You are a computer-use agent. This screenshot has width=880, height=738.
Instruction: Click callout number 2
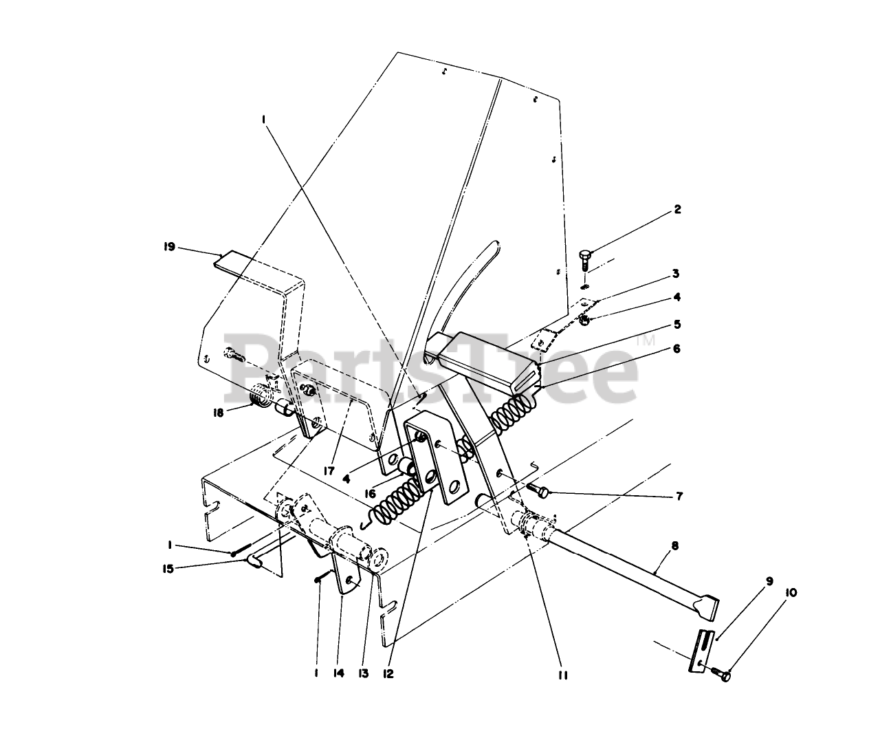[677, 210]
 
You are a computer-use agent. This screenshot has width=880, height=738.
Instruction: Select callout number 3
[676, 274]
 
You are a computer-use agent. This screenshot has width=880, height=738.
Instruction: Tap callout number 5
[676, 323]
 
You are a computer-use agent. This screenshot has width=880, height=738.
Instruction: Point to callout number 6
[676, 349]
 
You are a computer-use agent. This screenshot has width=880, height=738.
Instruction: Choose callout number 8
[674, 547]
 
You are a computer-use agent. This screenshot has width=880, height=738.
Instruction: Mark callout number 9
[769, 581]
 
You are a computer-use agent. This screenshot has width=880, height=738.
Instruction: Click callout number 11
[562, 675]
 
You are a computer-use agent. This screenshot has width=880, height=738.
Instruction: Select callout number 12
[390, 675]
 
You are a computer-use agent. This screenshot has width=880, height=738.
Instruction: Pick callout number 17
[330, 471]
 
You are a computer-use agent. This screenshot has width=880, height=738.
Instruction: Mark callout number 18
[218, 413]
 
